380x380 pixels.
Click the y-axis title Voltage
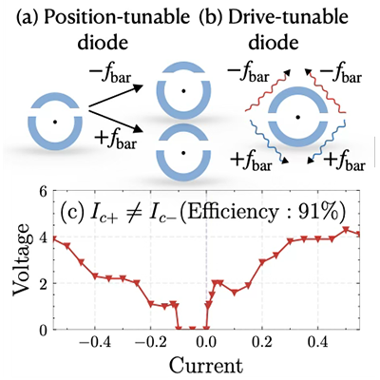[22, 259]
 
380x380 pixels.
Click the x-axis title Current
[206, 366]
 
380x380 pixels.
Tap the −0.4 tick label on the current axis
[95, 344]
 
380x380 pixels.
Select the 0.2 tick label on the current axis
[262, 344]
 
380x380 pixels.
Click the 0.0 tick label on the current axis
[206, 344]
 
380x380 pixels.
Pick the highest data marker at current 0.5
[346, 229]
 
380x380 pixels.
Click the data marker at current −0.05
[192, 329]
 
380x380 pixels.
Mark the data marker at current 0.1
[235, 293]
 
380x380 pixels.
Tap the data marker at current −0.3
[123, 278]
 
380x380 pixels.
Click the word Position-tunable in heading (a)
[116, 19]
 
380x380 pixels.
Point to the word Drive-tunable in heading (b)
[288, 19]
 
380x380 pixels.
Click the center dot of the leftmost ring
[55, 122]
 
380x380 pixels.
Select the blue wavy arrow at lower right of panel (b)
[327, 142]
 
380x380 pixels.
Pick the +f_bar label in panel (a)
[116, 141]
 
